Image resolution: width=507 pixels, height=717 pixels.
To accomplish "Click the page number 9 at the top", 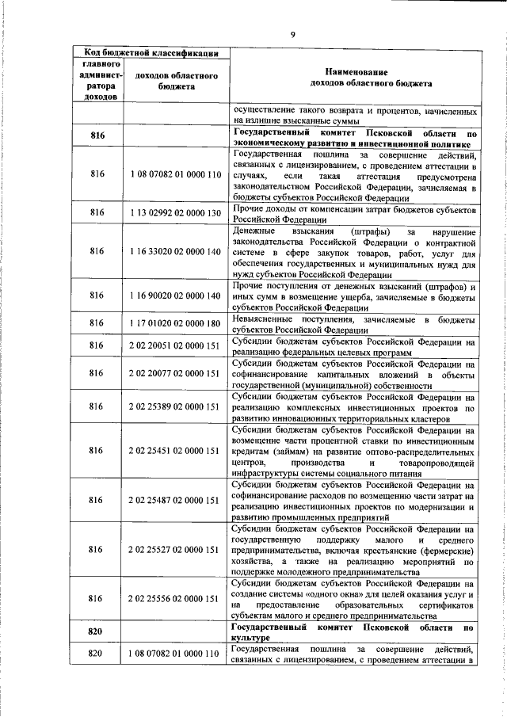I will pos(292,33).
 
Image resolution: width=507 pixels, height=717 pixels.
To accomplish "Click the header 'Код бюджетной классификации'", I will pos(152,53).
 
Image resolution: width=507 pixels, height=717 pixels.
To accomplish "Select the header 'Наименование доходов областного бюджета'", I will pos(353,76).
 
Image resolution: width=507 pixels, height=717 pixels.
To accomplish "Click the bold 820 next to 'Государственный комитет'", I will pos(97,632).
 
